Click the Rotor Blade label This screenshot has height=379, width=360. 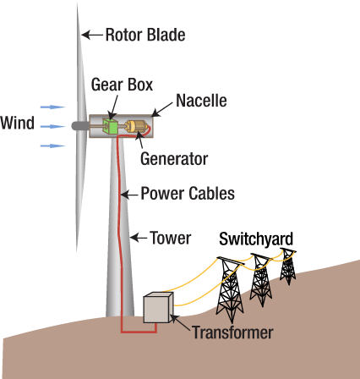[x=145, y=35]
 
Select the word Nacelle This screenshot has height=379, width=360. [x=200, y=102]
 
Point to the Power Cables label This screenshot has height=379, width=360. [x=187, y=193]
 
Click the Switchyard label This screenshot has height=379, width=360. [x=256, y=239]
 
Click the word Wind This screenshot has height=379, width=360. [x=17, y=124]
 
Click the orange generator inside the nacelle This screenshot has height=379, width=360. [x=136, y=127]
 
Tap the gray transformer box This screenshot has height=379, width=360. [x=157, y=309]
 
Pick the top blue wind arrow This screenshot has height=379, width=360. [x=52, y=107]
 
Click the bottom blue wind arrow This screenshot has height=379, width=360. [x=52, y=146]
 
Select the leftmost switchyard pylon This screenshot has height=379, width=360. [x=229, y=284]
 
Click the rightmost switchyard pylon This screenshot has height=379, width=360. [x=287, y=266]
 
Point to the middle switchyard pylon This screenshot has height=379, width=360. [x=259, y=276]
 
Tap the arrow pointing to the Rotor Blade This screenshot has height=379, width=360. [x=92, y=36]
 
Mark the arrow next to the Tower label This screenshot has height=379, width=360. [x=139, y=238]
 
